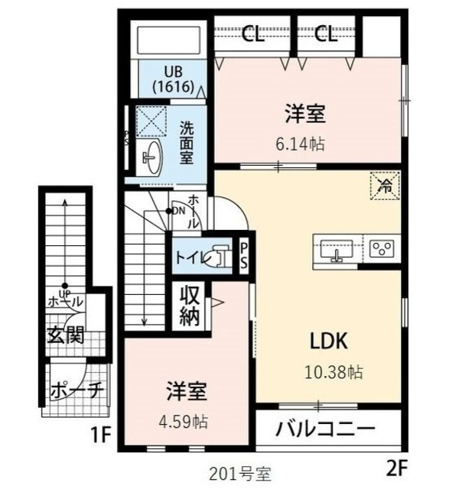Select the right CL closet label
tap(326, 34)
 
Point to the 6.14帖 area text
tap(306, 143)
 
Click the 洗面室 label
tap(186, 142)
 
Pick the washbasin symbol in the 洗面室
tap(151, 159)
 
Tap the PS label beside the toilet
tap(244, 256)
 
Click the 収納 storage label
tap(190, 306)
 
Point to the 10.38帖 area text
tap(332, 372)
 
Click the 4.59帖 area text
tap(187, 420)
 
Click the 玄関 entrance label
tap(65, 334)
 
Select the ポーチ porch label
tap(76, 390)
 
